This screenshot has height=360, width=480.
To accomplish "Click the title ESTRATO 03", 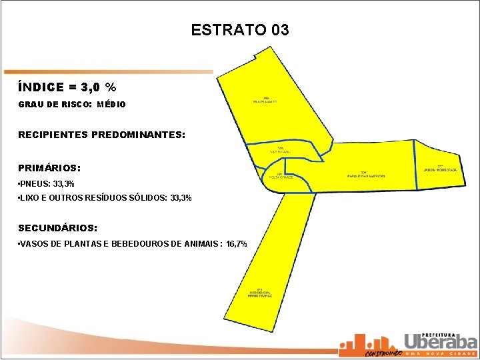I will coord(239,30).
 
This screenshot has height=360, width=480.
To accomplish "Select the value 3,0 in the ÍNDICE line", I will coord(91,87).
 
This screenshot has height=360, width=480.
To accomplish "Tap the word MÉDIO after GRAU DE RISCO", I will coord(111,105).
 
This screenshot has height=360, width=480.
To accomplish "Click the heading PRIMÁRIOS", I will coord(49,168).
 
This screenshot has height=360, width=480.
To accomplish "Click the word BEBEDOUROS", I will coord(139,244).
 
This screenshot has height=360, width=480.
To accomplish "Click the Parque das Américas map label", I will coord(366,175).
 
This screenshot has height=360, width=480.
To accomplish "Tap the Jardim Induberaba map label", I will coord(440,169).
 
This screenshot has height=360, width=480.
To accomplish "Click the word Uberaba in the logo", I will coord(441,341).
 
